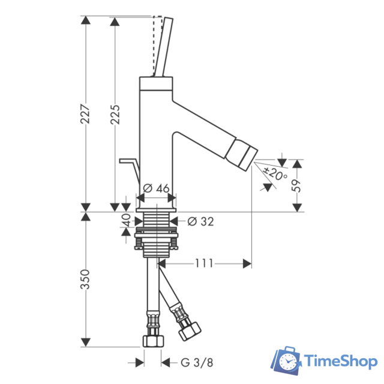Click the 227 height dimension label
pyautogui.click(x=85, y=114)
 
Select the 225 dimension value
pyautogui.click(x=115, y=115)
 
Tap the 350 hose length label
pyautogui.click(x=85, y=279)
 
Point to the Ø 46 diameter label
pyautogui.click(x=156, y=188)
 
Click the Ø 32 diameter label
pyautogui.click(x=200, y=221)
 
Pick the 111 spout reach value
pyautogui.click(x=204, y=263)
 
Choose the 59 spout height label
pyautogui.click(x=296, y=185)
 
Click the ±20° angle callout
pyautogui.click(x=275, y=173)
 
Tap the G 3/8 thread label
pyautogui.click(x=197, y=362)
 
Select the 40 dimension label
pyautogui.click(x=126, y=220)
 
